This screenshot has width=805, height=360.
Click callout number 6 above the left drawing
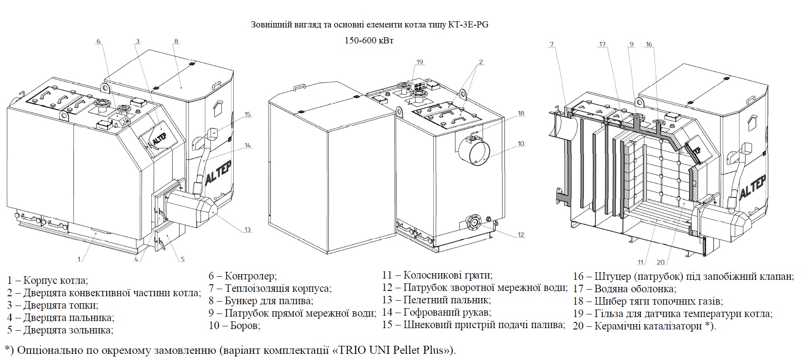pos(99,41)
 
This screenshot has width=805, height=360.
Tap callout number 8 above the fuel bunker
pos(176,41)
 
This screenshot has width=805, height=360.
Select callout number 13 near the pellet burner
pos(247,229)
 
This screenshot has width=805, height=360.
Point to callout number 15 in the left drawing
pos(247,114)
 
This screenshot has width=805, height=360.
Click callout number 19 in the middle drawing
pos(420,62)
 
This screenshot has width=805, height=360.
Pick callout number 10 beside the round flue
pos(521,143)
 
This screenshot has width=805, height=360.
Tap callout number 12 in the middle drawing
pos(521,235)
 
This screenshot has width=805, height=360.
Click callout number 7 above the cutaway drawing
pos(551,44)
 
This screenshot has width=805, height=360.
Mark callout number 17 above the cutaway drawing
pos(602,44)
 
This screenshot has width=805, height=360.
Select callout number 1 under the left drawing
pos(79,259)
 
